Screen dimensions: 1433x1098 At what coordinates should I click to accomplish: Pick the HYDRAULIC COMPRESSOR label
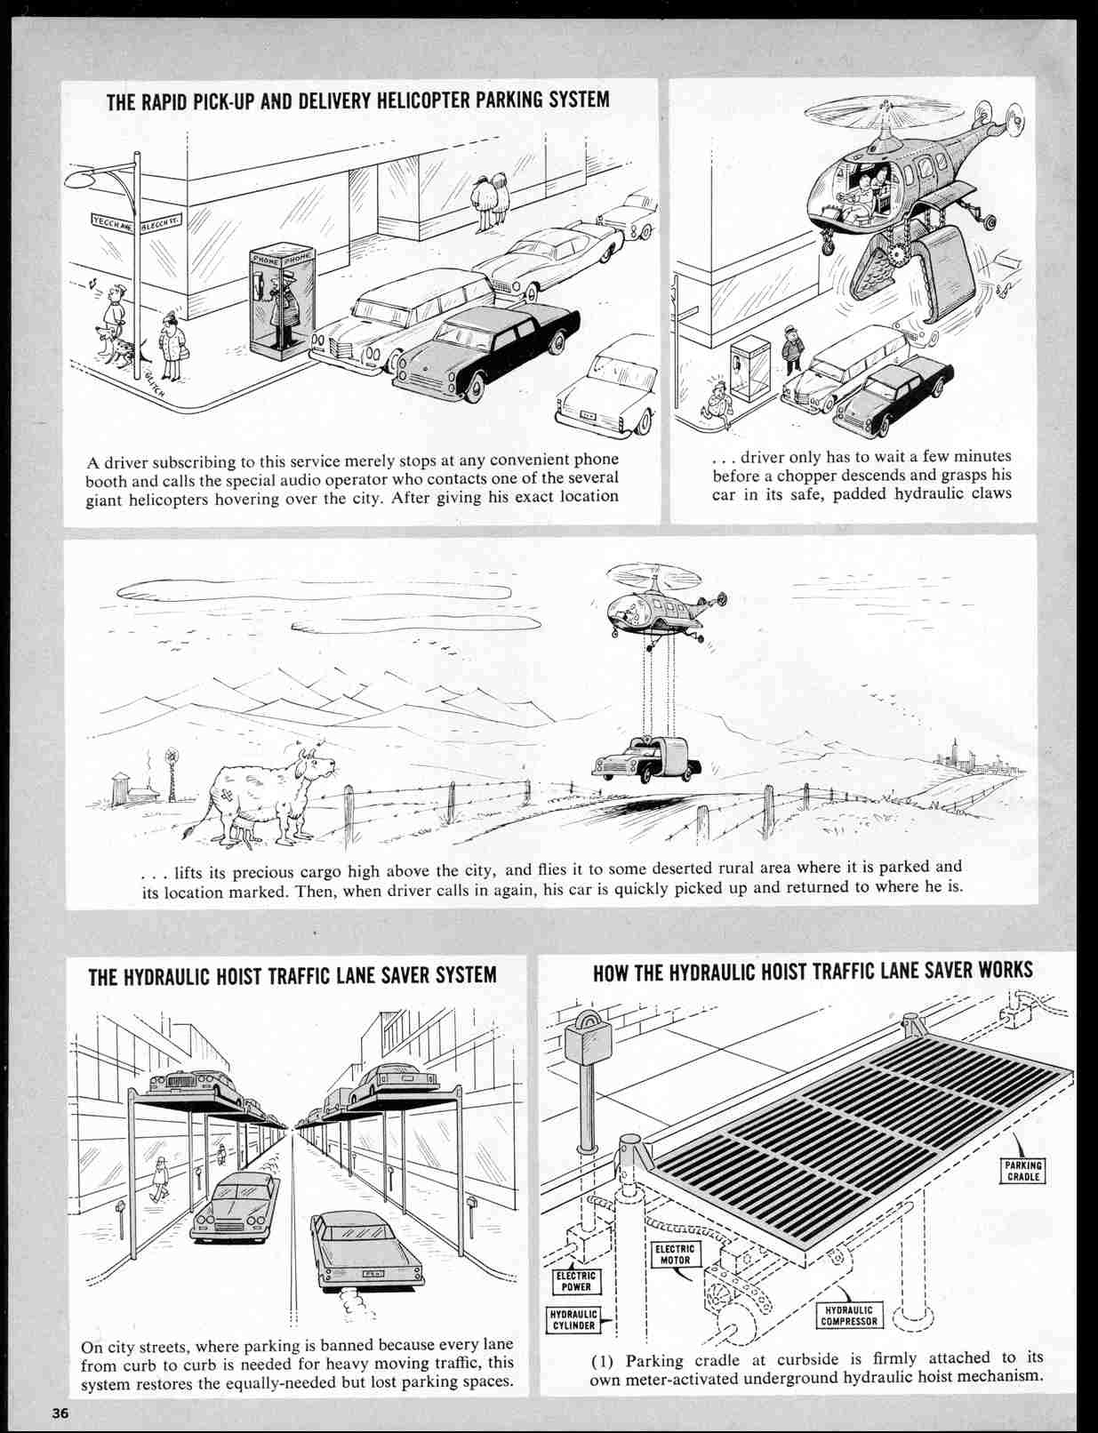(x=849, y=1316)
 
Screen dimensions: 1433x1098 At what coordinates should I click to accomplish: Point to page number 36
(x=60, y=1413)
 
